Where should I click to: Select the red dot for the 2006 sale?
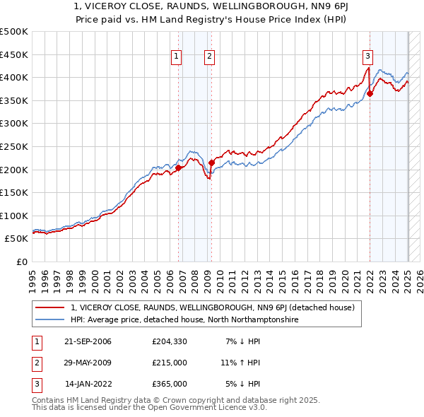click(179, 168)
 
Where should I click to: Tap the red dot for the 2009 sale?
click(211, 163)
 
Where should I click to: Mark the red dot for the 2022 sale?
click(370, 93)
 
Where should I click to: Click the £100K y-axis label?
click(14, 216)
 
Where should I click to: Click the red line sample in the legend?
click(50, 307)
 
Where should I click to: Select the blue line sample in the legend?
click(50, 319)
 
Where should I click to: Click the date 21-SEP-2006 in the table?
click(88, 341)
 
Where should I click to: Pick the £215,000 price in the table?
click(169, 363)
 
